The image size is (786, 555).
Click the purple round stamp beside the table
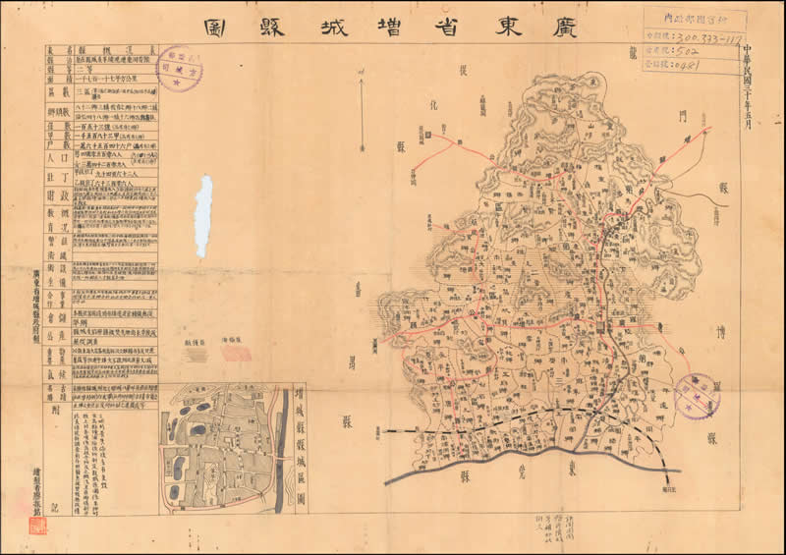coord(179,68)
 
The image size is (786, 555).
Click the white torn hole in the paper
coord(203,216)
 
